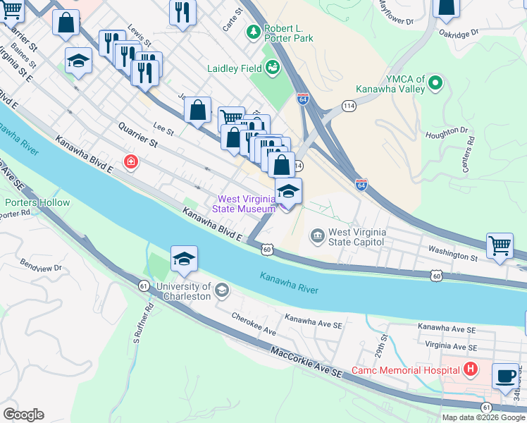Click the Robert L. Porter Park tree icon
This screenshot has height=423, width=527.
click(253, 32)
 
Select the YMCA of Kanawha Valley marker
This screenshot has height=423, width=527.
click(435, 84)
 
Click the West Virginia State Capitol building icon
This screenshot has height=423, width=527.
click(317, 235)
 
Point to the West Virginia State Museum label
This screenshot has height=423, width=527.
click(246, 204)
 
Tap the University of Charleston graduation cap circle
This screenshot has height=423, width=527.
click(221, 290)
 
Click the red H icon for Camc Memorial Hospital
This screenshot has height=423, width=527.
click(469, 369)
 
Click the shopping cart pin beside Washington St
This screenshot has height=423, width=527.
click(500, 247)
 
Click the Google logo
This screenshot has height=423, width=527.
click(23, 415)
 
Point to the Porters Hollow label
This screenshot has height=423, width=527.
click(37, 203)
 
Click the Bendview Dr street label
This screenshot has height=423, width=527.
click(42, 268)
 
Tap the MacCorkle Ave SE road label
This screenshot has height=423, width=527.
click(306, 363)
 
